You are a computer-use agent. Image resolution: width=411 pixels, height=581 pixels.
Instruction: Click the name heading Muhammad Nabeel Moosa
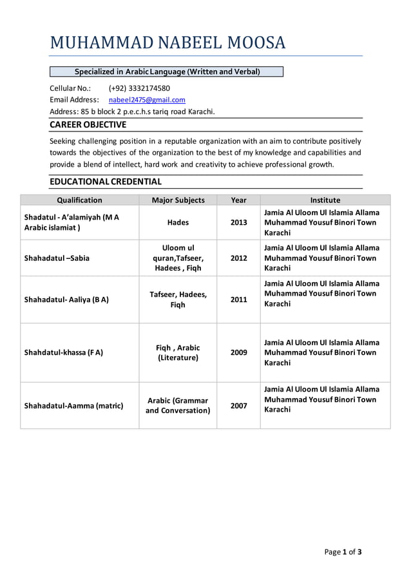point(167,43)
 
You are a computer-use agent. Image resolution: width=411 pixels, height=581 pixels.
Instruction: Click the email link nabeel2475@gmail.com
point(147,100)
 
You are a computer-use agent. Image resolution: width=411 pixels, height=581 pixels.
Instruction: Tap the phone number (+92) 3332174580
point(139,88)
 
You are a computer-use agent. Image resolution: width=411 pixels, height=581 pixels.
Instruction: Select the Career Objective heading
point(88,125)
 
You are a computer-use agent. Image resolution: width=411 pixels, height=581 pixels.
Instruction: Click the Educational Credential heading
point(106,182)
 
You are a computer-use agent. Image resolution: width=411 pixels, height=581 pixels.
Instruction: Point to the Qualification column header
point(79,200)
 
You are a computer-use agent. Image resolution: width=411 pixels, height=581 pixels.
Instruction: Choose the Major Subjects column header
point(178,200)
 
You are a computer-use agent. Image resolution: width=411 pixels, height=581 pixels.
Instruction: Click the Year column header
point(238,200)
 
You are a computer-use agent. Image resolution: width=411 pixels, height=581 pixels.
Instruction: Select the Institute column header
point(325,200)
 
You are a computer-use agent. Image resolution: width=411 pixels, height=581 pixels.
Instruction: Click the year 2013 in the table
point(238,222)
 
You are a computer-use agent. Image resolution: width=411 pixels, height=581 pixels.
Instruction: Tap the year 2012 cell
point(238,258)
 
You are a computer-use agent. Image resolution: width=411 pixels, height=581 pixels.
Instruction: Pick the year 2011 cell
point(238,300)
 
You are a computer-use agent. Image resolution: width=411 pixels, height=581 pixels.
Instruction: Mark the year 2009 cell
point(238,352)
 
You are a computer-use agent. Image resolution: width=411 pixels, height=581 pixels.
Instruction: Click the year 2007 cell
point(238,406)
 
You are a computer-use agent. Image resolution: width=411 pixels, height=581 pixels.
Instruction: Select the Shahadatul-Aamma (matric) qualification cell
point(73,406)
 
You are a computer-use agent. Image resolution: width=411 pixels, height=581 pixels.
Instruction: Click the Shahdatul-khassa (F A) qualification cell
point(63,352)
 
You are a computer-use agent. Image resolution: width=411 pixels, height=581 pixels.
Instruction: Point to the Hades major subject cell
point(178,222)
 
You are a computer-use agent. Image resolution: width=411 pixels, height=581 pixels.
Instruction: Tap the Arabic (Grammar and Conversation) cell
point(178,405)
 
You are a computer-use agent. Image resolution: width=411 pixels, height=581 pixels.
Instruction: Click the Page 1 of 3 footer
point(343,552)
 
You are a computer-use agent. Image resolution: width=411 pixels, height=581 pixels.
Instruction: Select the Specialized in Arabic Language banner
point(167,71)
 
